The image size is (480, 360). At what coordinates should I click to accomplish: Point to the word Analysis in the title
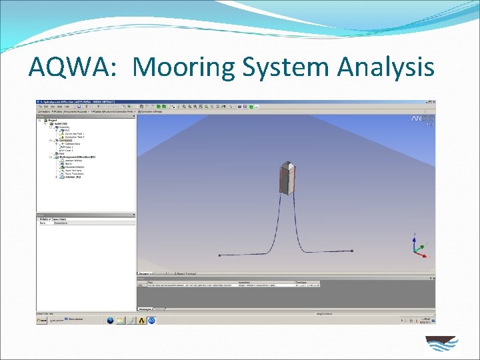point(387,67)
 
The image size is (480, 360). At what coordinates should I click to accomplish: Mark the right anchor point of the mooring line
point(354,251)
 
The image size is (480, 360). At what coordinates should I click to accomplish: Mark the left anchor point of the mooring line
point(219,255)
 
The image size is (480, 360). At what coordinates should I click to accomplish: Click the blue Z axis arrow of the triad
point(415,238)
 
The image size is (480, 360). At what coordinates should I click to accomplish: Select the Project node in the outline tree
point(53,120)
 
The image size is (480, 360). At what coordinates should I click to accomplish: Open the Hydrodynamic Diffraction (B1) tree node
point(79,157)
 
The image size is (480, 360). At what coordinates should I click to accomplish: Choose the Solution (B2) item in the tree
point(73,177)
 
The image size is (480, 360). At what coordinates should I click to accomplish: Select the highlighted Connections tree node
point(66,141)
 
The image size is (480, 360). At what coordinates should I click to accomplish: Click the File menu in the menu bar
point(41,107)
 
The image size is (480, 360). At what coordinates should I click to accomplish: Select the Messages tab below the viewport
point(145,309)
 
